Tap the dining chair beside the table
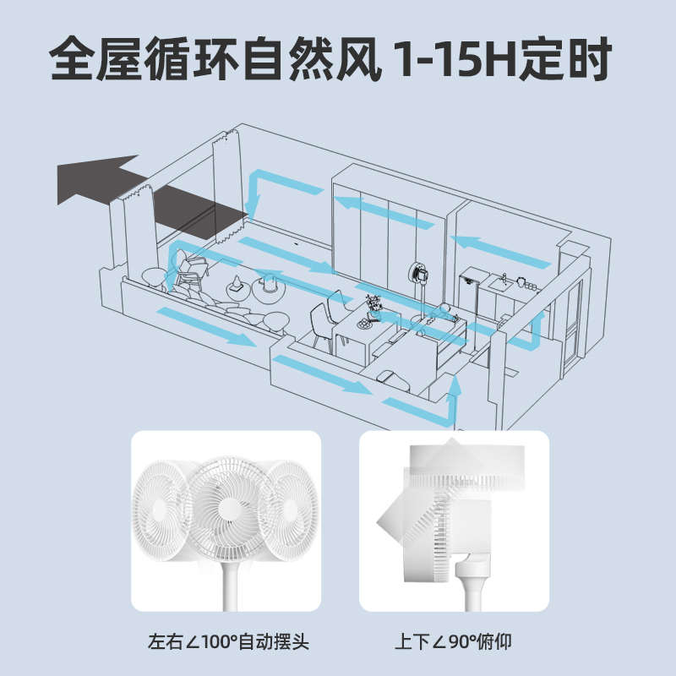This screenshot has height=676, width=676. (322, 325)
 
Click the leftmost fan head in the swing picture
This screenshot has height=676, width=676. (160, 505)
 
